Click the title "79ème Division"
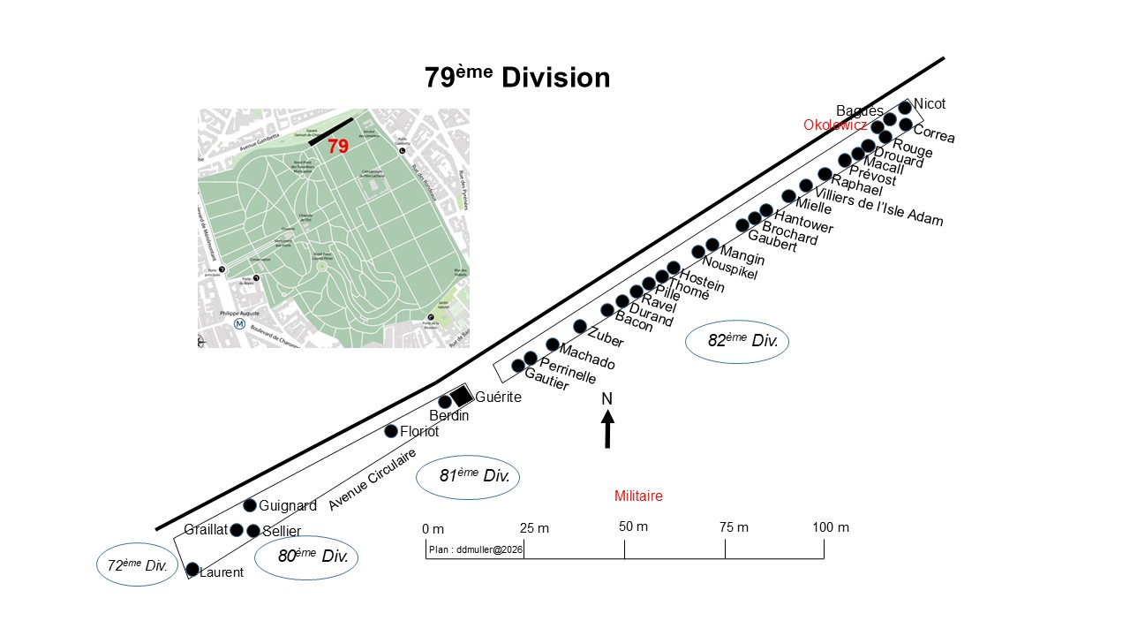[x=517, y=78]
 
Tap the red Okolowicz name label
[x=835, y=125]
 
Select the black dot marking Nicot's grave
[x=905, y=108]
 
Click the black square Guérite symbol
[x=461, y=397]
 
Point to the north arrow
[x=607, y=429]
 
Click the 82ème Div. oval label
[x=736, y=341]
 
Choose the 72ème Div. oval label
[x=132, y=566]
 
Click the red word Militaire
[x=638, y=496]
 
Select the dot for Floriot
[x=391, y=431]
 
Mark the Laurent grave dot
[x=192, y=570]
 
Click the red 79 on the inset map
[x=338, y=147]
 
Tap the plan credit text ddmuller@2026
[x=476, y=549]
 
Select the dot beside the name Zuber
[x=580, y=327]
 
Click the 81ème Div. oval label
[x=468, y=477]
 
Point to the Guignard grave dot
[x=250, y=505]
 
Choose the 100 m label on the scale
[x=831, y=527]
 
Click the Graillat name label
[x=206, y=530]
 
